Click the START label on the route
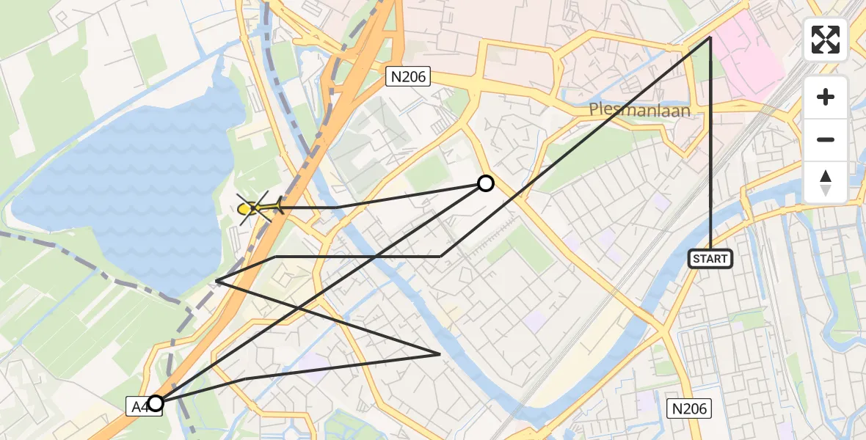[710, 258]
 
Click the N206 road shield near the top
[408, 76]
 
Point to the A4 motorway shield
[138, 406]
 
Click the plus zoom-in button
[826, 98]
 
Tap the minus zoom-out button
[826, 140]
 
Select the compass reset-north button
[826, 182]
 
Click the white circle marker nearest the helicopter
[486, 183]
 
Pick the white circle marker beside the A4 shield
[156, 403]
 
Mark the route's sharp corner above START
[710, 37]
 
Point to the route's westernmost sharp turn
[216, 280]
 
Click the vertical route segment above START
[710, 147]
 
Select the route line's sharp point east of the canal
[440, 354]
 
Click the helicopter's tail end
[278, 208]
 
